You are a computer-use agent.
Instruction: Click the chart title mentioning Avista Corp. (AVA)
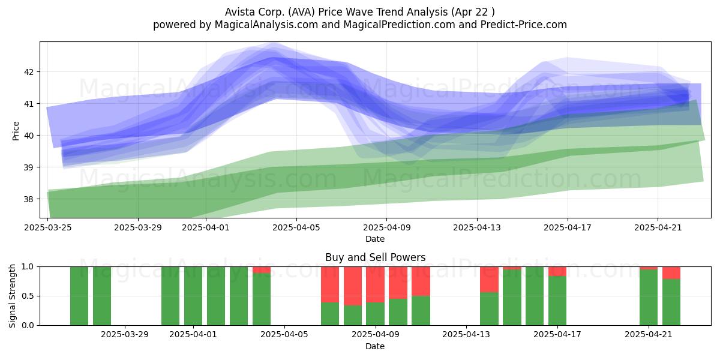(x=359, y=12)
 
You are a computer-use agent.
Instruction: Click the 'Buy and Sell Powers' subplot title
(x=375, y=257)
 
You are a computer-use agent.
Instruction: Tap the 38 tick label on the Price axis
(x=29, y=199)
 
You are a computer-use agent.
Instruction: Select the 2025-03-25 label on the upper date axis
(x=48, y=227)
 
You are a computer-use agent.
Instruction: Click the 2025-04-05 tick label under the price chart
(x=296, y=227)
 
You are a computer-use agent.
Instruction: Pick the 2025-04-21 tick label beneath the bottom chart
(x=649, y=335)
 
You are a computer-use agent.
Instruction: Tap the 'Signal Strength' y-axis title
(x=12, y=296)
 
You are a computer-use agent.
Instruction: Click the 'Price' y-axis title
(x=16, y=131)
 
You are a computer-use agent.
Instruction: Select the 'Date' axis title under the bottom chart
(x=375, y=346)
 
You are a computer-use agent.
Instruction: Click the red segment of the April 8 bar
(x=353, y=286)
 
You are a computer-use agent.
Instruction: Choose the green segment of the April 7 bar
(x=330, y=314)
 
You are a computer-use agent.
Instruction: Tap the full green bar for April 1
(x=193, y=296)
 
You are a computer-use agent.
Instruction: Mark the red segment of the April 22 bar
(x=671, y=273)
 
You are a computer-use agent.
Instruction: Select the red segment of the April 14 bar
(x=489, y=280)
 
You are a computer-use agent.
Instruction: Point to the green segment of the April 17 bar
(x=557, y=301)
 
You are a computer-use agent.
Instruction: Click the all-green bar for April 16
(x=535, y=296)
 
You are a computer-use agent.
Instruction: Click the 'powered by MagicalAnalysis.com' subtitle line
(x=359, y=25)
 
